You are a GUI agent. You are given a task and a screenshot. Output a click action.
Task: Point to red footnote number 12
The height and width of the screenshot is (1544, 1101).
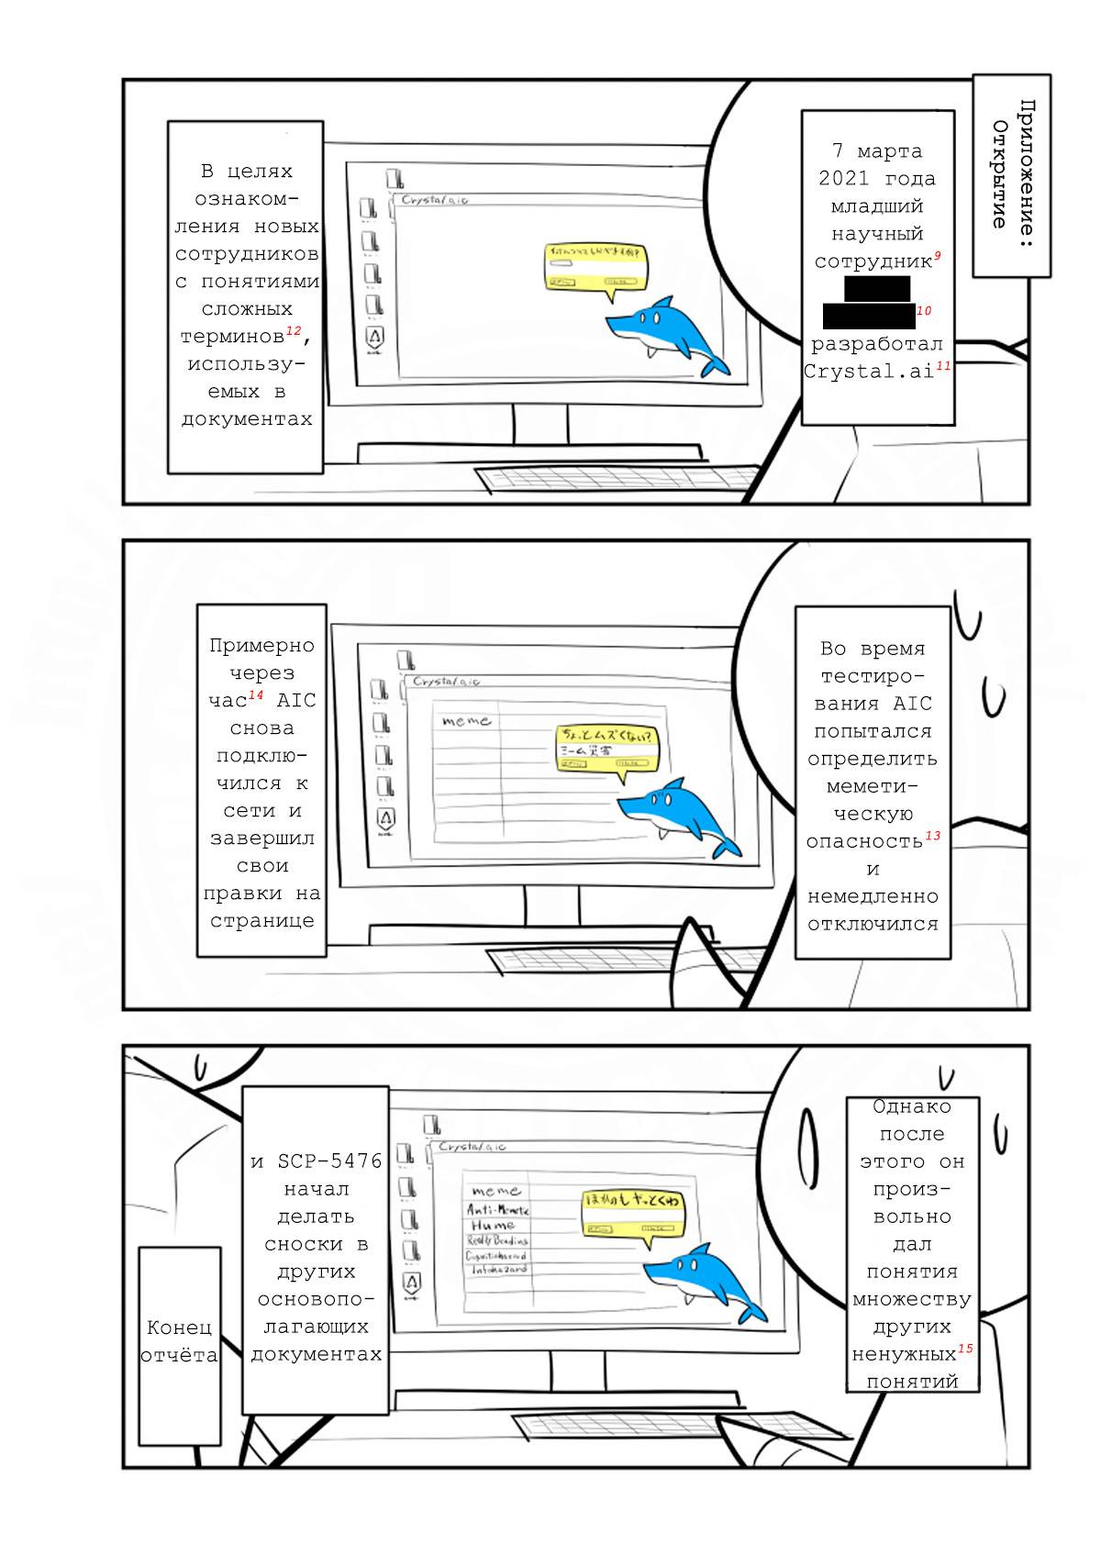293,330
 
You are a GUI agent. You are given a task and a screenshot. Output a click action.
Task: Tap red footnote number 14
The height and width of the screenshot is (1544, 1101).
256,695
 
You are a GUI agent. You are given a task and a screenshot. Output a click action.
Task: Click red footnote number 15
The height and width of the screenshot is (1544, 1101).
965,1349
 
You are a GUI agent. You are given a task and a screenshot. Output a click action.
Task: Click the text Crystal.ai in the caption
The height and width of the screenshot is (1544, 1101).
868,372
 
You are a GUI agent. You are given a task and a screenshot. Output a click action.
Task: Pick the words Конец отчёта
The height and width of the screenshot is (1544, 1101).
180,1341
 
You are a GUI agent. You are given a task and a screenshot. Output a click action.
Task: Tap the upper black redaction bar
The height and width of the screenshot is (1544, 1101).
877,288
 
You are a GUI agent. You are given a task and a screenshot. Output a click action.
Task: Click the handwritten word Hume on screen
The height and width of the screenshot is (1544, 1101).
493,1225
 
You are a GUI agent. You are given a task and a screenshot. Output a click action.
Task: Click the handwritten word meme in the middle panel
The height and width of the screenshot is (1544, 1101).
466,721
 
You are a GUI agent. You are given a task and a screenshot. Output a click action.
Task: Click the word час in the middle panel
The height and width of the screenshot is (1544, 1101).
228,701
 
